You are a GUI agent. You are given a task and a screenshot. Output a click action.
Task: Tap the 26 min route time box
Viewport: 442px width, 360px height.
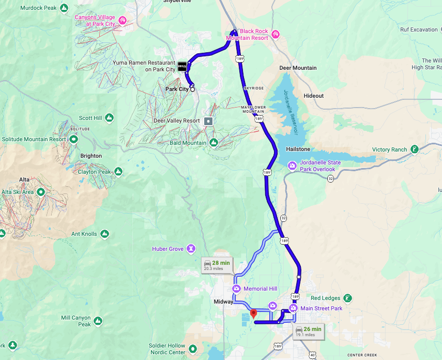[308, 332]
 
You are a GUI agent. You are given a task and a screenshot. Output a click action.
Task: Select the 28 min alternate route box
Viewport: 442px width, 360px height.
[217, 265]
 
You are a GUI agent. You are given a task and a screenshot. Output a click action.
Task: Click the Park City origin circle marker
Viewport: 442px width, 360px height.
[193, 89]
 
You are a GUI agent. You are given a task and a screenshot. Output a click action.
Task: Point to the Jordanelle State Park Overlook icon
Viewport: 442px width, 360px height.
[293, 166]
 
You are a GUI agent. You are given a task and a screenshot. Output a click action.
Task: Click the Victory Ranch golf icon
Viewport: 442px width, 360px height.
[414, 150]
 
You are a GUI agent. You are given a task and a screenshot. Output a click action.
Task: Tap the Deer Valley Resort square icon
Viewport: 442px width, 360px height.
[208, 121]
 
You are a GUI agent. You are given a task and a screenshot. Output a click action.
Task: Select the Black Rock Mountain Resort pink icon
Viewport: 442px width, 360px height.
[275, 35]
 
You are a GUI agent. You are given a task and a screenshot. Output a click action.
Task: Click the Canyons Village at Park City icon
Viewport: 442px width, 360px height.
[122, 21]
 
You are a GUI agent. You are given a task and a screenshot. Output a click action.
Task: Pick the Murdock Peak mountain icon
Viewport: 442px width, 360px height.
[64, 8]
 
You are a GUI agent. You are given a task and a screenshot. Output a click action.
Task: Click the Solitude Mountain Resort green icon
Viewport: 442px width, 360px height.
[74, 139]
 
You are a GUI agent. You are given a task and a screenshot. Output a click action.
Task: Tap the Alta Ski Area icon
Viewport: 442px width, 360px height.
[41, 192]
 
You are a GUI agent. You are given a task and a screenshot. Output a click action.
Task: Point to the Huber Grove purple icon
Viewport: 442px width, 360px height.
[191, 249]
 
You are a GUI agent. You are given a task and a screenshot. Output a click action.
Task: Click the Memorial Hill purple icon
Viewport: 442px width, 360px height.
[237, 289]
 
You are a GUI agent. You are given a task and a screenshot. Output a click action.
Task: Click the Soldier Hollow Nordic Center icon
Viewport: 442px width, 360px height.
[193, 349]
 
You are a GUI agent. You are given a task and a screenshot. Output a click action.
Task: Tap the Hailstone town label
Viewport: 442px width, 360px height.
[298, 149]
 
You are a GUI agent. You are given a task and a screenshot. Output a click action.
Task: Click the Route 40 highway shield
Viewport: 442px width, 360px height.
[312, 355]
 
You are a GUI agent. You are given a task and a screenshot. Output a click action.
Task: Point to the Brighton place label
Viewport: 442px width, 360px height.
[91, 156]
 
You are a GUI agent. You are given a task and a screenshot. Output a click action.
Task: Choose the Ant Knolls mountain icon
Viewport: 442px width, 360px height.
[104, 234]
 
